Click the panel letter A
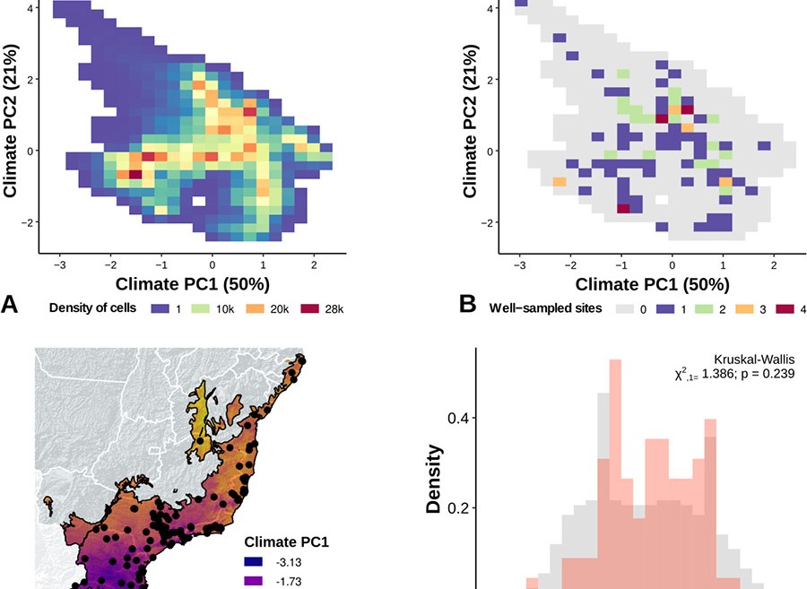pyautogui.click(x=9, y=305)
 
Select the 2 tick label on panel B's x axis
pyautogui.click(x=773, y=266)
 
